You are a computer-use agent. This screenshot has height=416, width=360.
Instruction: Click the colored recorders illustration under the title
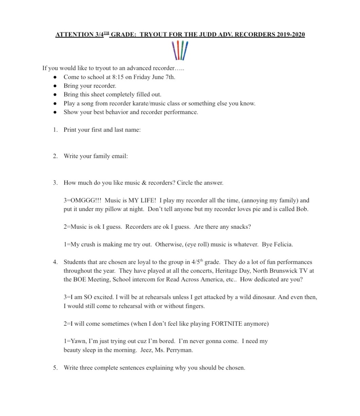pyautogui.click(x=180, y=50)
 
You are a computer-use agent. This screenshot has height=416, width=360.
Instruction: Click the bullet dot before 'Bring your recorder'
pyautogui.click(x=55, y=86)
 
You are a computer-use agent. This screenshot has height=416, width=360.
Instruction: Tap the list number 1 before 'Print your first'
pyautogui.click(x=55, y=130)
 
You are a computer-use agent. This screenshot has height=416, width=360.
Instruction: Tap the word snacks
pyautogui.click(x=239, y=227)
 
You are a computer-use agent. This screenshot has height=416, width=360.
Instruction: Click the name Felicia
pyautogui.click(x=282, y=245)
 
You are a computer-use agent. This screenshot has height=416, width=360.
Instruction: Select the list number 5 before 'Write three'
pyautogui.click(x=55, y=368)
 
